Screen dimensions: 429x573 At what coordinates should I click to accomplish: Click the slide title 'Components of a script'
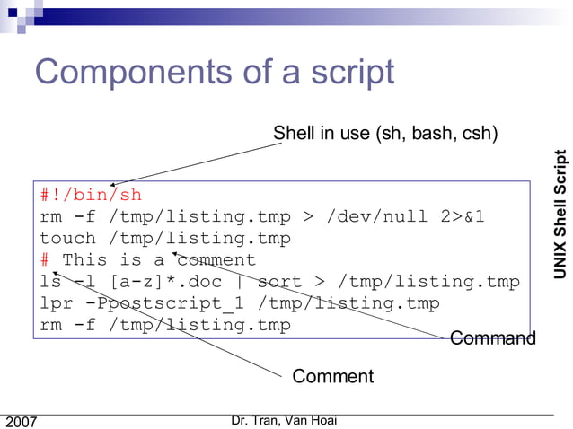(x=214, y=72)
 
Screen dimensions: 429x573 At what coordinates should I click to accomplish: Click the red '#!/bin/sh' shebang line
(x=91, y=195)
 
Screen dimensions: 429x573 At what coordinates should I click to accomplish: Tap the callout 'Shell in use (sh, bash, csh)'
(x=385, y=134)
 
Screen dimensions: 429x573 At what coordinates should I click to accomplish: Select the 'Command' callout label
(x=492, y=337)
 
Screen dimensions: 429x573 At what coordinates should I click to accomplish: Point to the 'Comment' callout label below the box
(x=332, y=376)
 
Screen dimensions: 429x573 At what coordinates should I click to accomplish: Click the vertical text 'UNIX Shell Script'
(x=560, y=201)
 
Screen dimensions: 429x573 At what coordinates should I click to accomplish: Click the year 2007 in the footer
(x=22, y=421)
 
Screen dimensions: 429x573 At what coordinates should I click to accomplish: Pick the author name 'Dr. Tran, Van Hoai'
(x=284, y=420)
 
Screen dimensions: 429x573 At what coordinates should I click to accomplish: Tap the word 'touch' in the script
(x=67, y=238)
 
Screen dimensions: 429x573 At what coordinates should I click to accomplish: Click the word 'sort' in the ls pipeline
(x=279, y=282)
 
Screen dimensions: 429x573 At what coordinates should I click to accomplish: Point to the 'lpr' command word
(x=56, y=303)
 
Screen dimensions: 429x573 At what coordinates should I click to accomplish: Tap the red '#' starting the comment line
(x=45, y=260)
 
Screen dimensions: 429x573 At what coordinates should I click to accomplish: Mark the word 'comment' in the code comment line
(x=216, y=260)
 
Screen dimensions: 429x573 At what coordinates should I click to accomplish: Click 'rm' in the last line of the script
(x=50, y=325)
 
